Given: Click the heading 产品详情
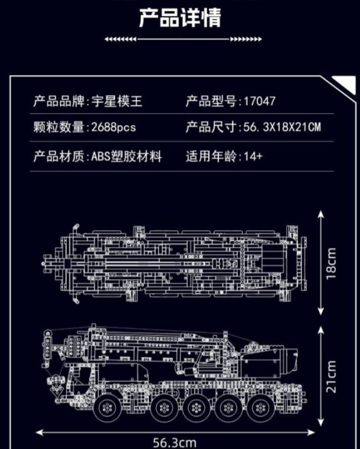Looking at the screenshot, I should click(180, 17).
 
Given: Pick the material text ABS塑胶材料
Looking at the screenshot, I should click(126, 156).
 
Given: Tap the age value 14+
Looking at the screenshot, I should click(253, 156).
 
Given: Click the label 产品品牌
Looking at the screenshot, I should click(58, 101).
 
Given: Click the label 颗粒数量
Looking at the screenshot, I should click(58, 127).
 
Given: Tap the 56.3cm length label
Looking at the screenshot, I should click(175, 442).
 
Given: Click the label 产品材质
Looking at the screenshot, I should click(58, 156).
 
